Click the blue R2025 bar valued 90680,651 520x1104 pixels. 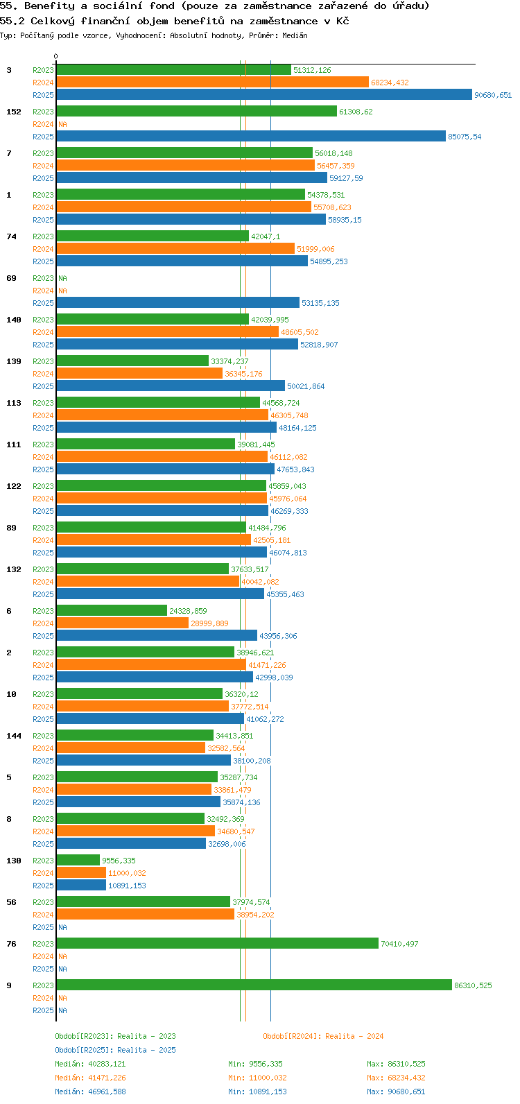[263, 95]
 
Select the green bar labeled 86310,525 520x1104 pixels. [254, 985]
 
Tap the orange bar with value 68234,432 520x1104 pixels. [212, 83]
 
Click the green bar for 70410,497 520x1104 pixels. [217, 944]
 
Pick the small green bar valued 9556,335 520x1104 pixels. [78, 861]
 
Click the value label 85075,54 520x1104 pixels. [465, 137]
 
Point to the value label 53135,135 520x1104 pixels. [320, 303]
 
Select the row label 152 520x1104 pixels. [14, 112]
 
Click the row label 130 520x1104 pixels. [14, 861]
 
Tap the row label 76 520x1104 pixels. [12, 944]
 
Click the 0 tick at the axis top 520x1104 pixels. [56, 57]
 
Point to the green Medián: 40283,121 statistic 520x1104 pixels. [90, 1064]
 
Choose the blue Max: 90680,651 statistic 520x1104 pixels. [396, 1092]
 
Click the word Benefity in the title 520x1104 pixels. [49, 6]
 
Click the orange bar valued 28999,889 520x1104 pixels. [122, 623]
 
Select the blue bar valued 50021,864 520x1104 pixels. [171, 386]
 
